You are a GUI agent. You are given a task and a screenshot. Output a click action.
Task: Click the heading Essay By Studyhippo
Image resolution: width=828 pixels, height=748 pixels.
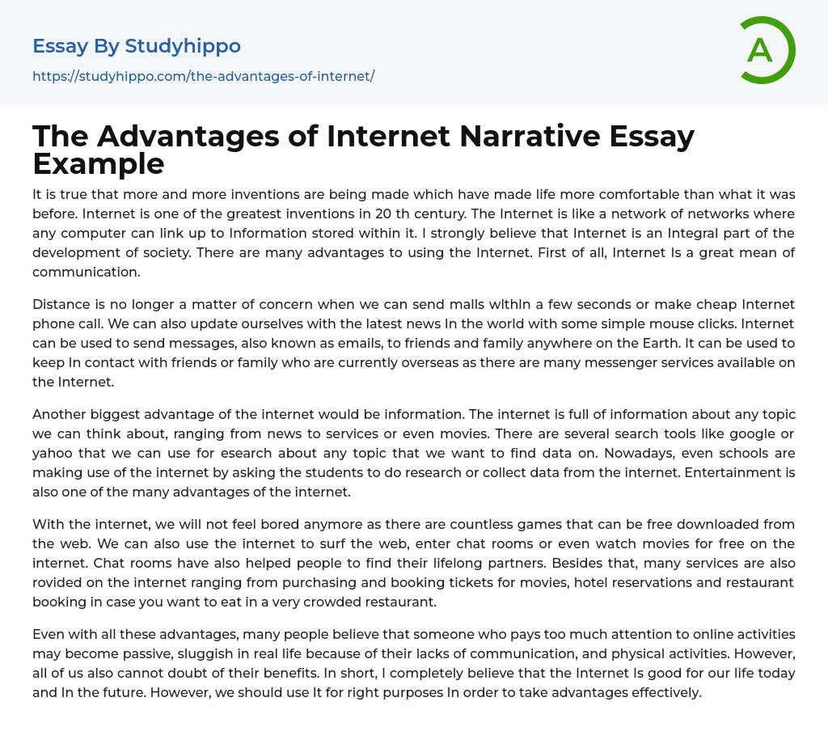137,46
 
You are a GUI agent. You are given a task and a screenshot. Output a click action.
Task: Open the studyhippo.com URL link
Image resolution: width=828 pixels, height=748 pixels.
203,76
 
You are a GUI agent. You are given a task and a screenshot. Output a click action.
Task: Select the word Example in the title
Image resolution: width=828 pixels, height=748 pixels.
99,164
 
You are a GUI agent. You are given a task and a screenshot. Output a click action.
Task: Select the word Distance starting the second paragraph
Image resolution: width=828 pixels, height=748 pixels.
61,304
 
